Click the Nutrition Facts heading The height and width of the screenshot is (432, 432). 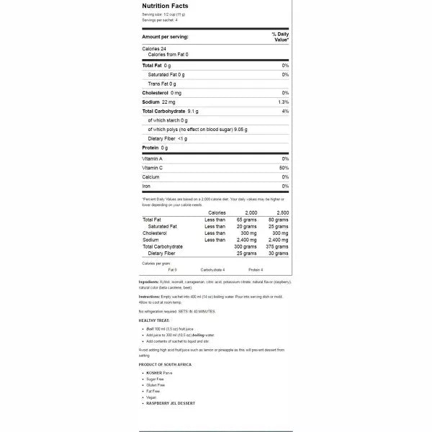(x=165, y=6)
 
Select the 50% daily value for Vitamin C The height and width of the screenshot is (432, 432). (x=284, y=167)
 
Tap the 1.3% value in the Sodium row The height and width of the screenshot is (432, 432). (x=284, y=102)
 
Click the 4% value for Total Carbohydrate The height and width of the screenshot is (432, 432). (x=285, y=112)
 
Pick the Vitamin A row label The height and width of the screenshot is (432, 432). (x=152, y=158)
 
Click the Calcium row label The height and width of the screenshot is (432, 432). (x=150, y=176)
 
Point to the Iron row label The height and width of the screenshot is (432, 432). (x=147, y=186)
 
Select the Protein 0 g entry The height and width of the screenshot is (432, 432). (x=155, y=148)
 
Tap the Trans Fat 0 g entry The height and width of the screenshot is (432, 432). (x=162, y=84)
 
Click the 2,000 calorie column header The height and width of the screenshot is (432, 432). (x=251, y=213)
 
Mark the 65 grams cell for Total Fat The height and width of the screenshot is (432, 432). (x=247, y=220)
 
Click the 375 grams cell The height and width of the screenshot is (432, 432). (x=277, y=246)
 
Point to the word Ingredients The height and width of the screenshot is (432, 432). (x=148, y=282)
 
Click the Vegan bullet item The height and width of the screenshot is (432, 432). (x=151, y=397)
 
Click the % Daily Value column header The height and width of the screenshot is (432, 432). (x=280, y=37)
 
